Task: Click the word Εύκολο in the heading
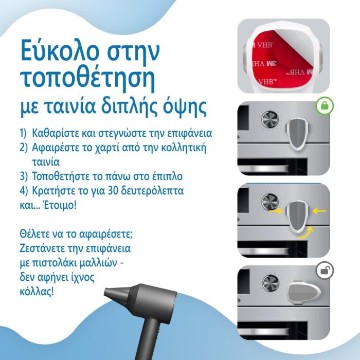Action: click(60, 50)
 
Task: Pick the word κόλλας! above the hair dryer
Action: click(37, 292)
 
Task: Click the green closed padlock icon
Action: click(325, 106)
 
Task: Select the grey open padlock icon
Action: click(325, 271)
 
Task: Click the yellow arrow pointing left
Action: click(319, 210)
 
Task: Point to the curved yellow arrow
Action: click(306, 232)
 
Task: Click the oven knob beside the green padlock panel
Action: click(270, 120)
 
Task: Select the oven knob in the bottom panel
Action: click(270, 283)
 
